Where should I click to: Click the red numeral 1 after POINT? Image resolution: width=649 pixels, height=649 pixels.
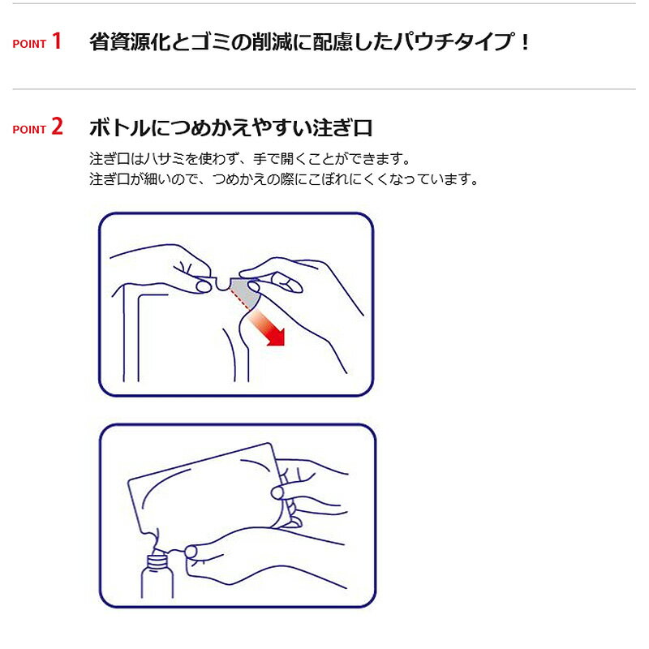point(57,41)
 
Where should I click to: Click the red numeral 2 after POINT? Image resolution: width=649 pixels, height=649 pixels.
point(57,127)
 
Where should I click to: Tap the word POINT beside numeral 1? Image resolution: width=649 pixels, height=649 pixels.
point(29,44)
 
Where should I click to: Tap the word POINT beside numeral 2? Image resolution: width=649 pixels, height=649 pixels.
point(29,130)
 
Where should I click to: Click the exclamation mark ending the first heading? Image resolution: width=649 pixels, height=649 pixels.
point(525,42)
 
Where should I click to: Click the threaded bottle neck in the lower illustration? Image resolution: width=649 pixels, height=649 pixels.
point(158,562)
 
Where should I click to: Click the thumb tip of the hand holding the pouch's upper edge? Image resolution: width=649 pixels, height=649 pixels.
point(277,492)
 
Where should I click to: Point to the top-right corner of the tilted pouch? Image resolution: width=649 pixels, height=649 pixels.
point(271,445)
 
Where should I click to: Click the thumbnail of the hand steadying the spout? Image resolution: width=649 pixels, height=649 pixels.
point(191,552)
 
